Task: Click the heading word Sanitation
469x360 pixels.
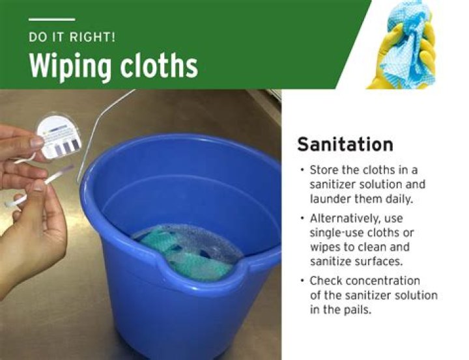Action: (x=345, y=144)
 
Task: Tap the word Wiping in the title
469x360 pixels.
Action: (x=70, y=66)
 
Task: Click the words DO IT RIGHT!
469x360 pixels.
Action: (x=72, y=37)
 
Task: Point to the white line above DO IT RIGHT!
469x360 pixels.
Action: (x=51, y=20)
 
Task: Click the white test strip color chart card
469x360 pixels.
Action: (x=59, y=137)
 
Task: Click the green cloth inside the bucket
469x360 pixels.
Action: (x=186, y=253)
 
